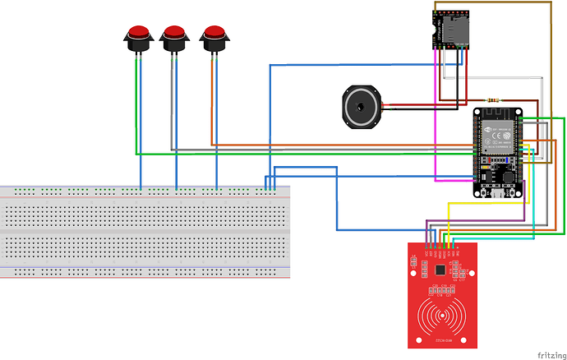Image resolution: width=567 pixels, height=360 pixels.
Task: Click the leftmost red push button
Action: click(x=138, y=35)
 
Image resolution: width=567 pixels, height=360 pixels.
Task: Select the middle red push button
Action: click(x=175, y=35)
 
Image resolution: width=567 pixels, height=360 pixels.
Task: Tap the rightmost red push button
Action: click(x=214, y=35)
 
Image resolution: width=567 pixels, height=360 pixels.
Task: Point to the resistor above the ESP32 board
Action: click(x=493, y=101)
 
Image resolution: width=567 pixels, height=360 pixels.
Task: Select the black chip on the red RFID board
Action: click(x=441, y=269)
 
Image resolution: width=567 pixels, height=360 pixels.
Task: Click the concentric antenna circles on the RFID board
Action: click(x=441, y=316)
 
